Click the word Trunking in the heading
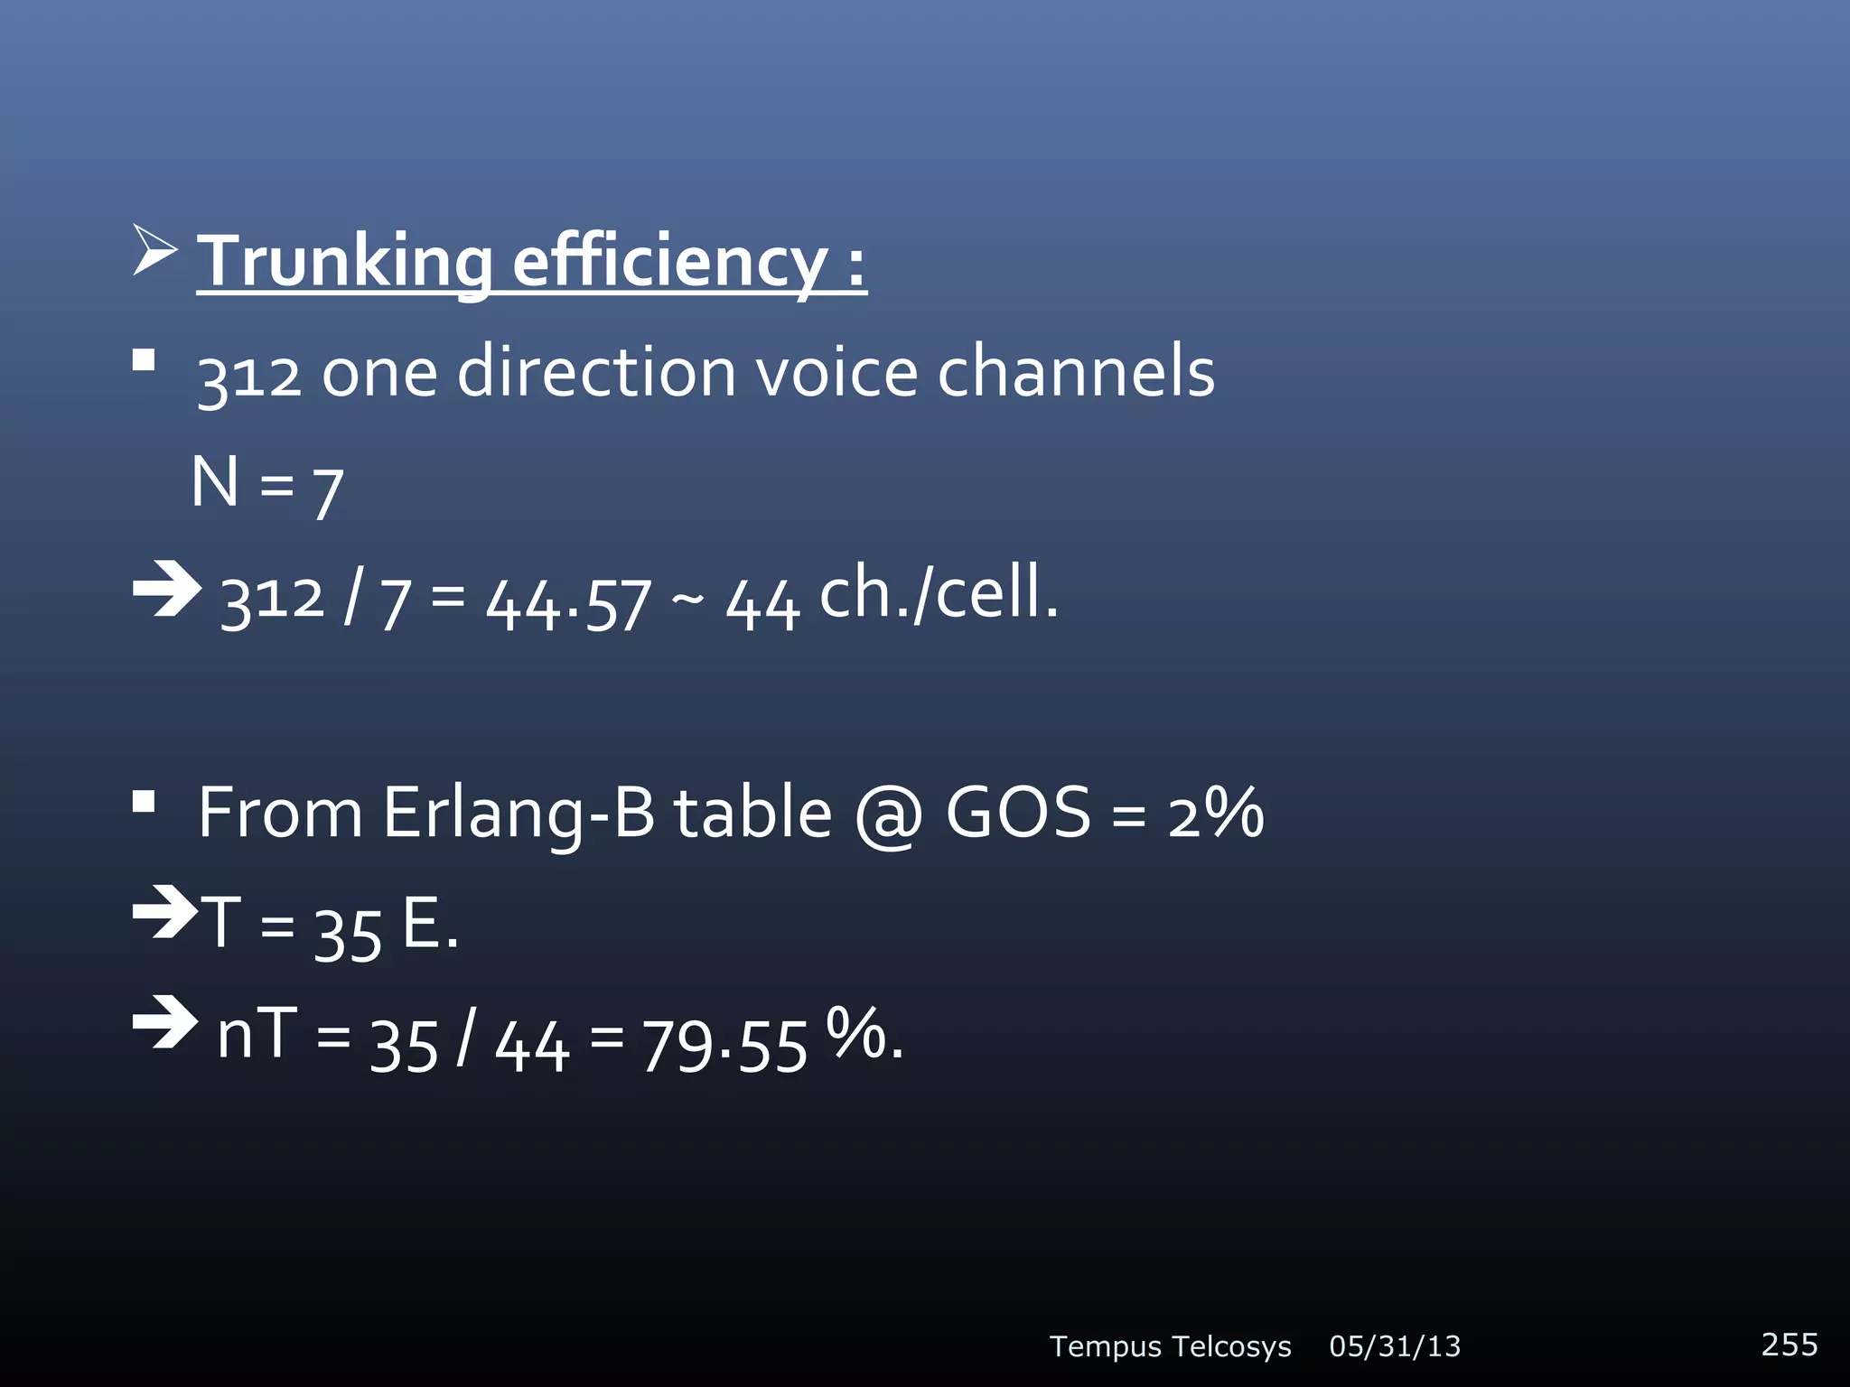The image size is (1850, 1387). click(x=344, y=262)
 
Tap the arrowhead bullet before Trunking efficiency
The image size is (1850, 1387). click(x=154, y=250)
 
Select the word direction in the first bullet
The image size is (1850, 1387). click(x=596, y=372)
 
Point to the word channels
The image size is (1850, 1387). click(x=1076, y=372)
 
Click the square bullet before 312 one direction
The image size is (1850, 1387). click(x=144, y=361)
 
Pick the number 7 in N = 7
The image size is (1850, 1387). click(x=328, y=492)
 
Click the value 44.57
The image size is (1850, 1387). click(x=568, y=603)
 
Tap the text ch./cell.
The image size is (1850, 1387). click(x=939, y=593)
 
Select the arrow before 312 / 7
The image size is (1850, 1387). click(x=166, y=589)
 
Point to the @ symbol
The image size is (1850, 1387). click(x=889, y=815)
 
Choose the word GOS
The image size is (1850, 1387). click(x=1018, y=813)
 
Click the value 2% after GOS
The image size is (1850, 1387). click(x=1215, y=813)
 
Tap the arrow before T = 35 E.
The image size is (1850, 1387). click(x=164, y=913)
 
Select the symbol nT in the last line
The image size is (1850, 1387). click(x=257, y=1034)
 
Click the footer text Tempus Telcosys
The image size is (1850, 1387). click(x=1170, y=1346)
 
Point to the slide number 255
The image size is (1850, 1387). click(x=1789, y=1345)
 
